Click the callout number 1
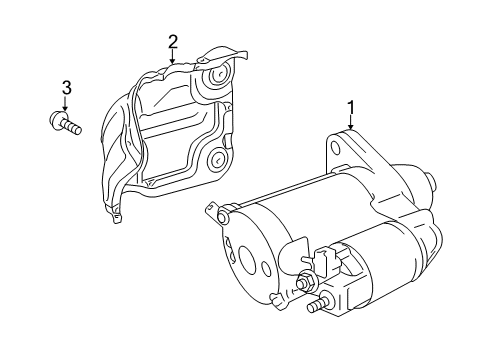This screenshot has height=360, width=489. click(x=350, y=106)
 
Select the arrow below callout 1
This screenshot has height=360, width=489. click(x=350, y=124)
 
